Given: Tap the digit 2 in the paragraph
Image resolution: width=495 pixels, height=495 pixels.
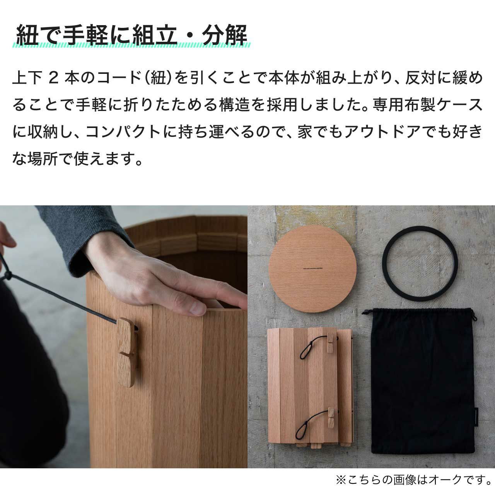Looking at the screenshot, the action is pyautogui.click(x=54, y=78).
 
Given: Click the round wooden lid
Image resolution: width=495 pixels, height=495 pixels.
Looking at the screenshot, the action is pyautogui.click(x=312, y=269).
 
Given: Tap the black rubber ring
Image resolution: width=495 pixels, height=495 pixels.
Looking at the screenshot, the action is pyautogui.click(x=420, y=264).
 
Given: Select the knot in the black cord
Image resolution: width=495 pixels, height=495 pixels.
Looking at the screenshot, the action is pyautogui.click(x=8, y=275).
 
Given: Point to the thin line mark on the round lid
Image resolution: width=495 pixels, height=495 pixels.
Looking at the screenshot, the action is pyautogui.click(x=312, y=268).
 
